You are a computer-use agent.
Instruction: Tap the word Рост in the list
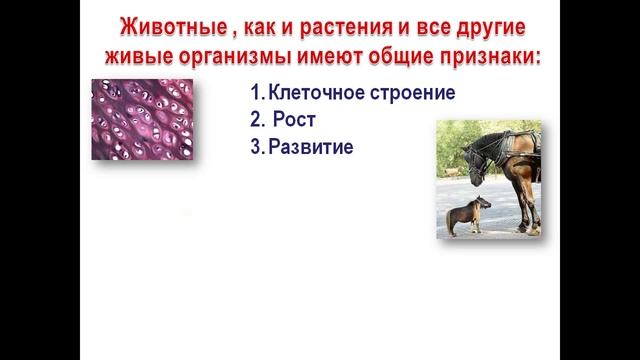[x=295, y=120]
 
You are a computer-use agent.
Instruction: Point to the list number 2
[x=256, y=120]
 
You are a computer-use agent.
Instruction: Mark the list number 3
[x=256, y=147]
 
